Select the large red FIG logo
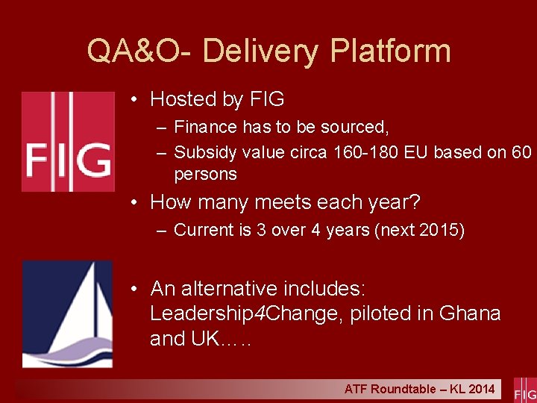67,142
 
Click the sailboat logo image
67,313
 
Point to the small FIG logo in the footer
524,390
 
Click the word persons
205,175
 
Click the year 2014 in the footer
481,389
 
